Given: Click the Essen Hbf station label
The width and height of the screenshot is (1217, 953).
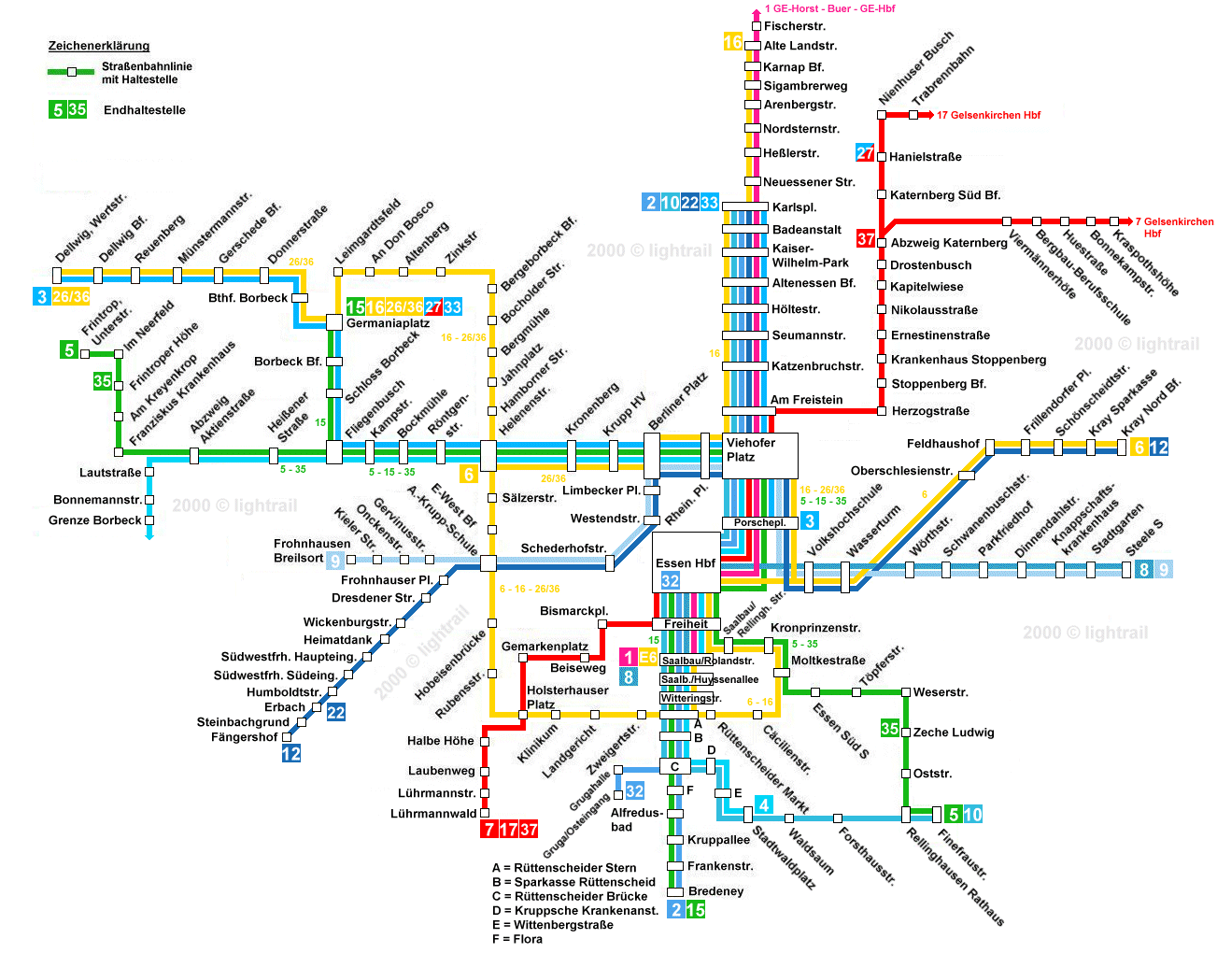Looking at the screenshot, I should (x=686, y=563).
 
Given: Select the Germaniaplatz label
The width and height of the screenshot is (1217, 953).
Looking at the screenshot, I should (x=388, y=324).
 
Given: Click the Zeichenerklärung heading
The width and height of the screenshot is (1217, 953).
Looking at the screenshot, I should (x=99, y=46).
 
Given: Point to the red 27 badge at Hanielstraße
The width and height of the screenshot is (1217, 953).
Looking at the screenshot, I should (x=865, y=153).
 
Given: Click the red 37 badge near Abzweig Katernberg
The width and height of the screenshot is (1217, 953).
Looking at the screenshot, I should (x=866, y=239).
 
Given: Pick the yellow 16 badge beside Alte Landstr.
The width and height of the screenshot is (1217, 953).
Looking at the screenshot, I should (x=733, y=42).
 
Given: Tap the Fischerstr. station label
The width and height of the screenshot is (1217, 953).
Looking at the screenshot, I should (x=795, y=26).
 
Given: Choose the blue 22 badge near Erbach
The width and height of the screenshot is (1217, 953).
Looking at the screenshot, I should (x=335, y=713).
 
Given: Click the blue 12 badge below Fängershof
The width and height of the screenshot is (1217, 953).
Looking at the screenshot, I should (x=291, y=754).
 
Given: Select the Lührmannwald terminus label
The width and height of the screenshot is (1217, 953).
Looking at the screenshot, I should (x=433, y=814).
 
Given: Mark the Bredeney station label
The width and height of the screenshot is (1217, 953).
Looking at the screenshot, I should (x=715, y=891).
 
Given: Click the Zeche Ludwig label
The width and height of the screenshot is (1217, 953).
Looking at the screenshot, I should (x=954, y=733).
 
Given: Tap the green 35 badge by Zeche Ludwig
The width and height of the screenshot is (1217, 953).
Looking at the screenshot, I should (x=890, y=729).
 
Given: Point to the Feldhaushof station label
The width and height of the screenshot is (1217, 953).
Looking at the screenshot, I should (x=942, y=444).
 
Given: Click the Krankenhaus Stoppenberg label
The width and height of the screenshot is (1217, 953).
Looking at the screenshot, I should (x=968, y=360).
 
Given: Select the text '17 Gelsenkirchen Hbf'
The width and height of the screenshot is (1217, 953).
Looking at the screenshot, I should (x=988, y=115).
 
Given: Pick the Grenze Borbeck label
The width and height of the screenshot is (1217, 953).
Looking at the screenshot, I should (x=95, y=520).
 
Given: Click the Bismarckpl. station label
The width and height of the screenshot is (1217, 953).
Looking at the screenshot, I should (x=573, y=611).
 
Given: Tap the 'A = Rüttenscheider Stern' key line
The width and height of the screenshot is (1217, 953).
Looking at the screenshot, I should (x=564, y=868).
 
